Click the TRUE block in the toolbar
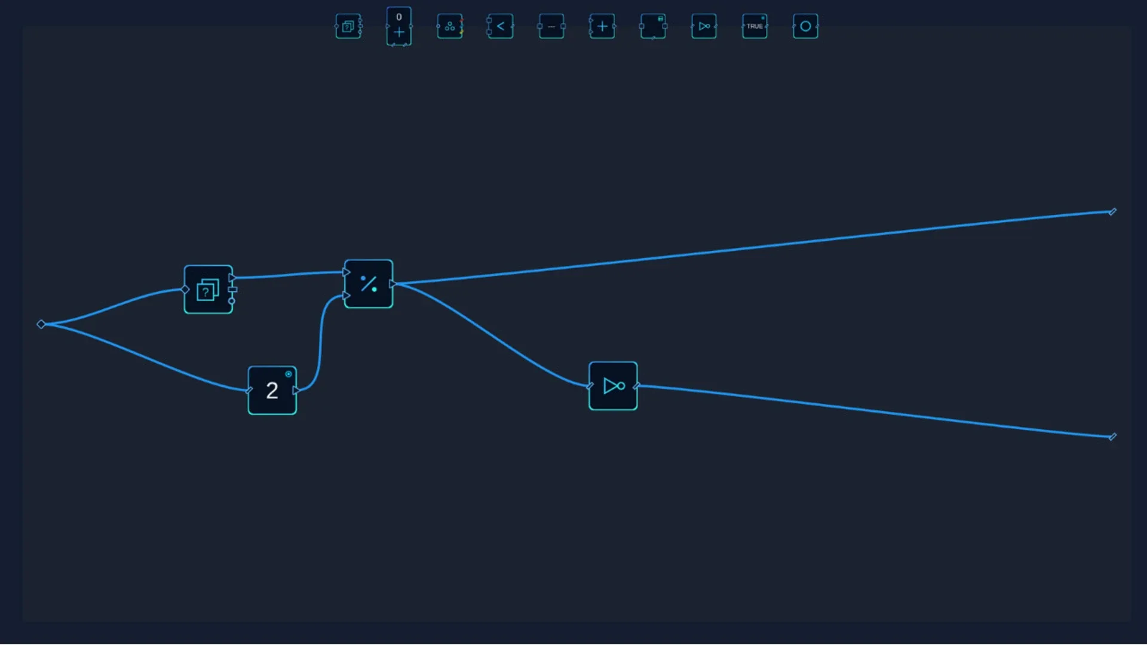pyautogui.click(x=755, y=26)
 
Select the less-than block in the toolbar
pyautogui.click(x=501, y=26)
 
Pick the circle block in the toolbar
pyautogui.click(x=805, y=26)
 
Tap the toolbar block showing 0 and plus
pyautogui.click(x=399, y=26)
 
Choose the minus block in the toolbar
pyautogui.click(x=551, y=26)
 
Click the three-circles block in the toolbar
pyautogui.click(x=450, y=26)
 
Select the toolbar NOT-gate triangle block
pyautogui.click(x=704, y=26)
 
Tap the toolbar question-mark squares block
pyautogui.click(x=348, y=26)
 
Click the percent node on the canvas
pyautogui.click(x=369, y=284)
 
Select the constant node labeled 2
pyautogui.click(x=272, y=391)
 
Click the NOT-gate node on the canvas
pyautogui.click(x=614, y=386)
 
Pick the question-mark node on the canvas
pyautogui.click(x=208, y=290)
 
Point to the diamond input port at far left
pyautogui.click(x=41, y=324)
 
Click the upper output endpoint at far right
pyautogui.click(x=1112, y=211)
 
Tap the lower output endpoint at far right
pyautogui.click(x=1112, y=437)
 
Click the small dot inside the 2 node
pyautogui.click(x=289, y=374)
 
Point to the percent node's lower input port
pyautogui.click(x=346, y=296)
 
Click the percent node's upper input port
pyautogui.click(x=346, y=272)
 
